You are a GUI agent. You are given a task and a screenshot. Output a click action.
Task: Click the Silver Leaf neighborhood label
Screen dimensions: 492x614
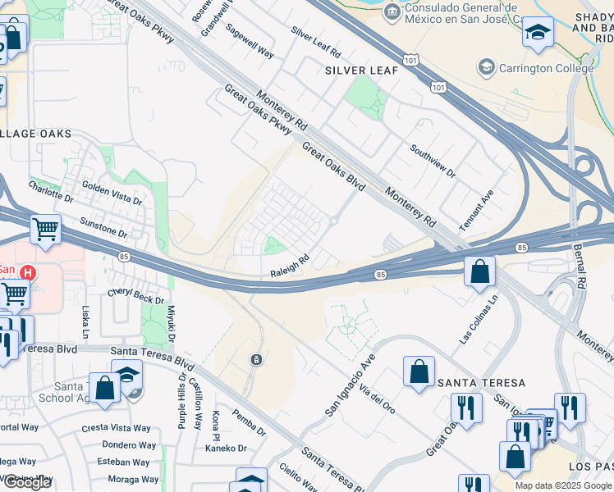coord(361,71)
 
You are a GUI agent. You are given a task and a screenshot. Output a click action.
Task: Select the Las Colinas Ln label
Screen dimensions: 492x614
coord(479,321)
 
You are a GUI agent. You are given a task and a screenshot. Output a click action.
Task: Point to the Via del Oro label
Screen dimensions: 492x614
coord(377,398)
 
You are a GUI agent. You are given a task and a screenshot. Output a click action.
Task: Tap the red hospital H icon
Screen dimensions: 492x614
coord(28,271)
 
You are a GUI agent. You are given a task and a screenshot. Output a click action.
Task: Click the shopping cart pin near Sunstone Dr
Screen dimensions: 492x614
coord(45,230)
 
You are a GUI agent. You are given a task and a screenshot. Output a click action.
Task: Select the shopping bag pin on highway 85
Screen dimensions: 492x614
coord(479,271)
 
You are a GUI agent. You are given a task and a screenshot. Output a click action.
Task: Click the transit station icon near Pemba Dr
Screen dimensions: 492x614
coord(257,359)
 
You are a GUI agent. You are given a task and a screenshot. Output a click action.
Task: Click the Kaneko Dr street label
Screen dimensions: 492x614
coord(226,448)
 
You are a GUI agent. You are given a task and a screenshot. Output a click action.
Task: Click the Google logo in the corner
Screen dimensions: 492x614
coord(26,482)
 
